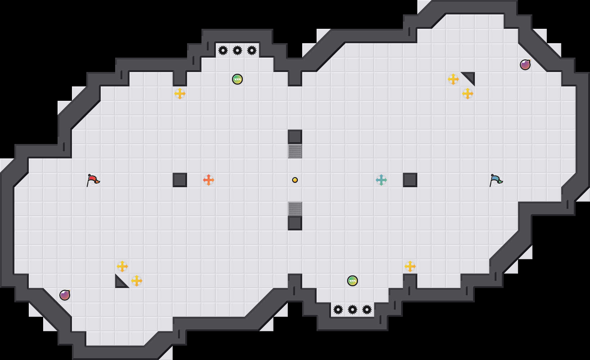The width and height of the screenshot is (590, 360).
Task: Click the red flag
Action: pyautogui.click(x=93, y=180)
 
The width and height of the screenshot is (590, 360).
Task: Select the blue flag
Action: pyautogui.click(x=496, y=180)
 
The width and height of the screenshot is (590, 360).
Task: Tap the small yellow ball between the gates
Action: pyautogui.click(x=295, y=180)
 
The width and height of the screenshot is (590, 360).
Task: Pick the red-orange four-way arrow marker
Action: pyautogui.click(x=209, y=180)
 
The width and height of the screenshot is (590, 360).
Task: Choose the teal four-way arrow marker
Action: pyautogui.click(x=381, y=180)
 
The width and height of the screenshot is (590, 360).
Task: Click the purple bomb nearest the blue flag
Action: pyautogui.click(x=525, y=65)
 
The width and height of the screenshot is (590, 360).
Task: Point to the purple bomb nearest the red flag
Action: pyautogui.click(x=65, y=295)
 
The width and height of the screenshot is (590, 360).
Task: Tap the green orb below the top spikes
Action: pyautogui.click(x=237, y=79)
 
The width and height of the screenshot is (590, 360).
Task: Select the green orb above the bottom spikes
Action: pyautogui.click(x=353, y=281)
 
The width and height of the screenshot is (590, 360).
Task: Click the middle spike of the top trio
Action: pyautogui.click(x=237, y=50)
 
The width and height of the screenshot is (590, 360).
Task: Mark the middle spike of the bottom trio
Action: pyautogui.click(x=353, y=310)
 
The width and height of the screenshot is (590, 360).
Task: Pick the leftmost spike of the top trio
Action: pyautogui.click(x=223, y=50)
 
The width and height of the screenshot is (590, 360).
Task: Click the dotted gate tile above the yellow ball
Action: pyautogui.click(x=295, y=151)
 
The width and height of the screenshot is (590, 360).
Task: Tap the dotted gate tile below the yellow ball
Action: pyautogui.click(x=295, y=209)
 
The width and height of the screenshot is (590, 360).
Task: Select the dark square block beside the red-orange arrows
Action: pyautogui.click(x=180, y=180)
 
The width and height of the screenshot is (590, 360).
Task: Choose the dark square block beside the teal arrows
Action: pyautogui.click(x=410, y=180)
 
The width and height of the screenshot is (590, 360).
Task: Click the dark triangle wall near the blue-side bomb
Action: pyautogui.click(x=470, y=77)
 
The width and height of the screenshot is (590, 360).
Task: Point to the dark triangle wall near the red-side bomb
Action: pyautogui.click(x=120, y=283)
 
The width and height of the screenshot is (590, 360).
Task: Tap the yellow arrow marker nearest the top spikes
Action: pyautogui.click(x=180, y=94)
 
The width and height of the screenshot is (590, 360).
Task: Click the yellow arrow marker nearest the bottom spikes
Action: pyautogui.click(x=410, y=266)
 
